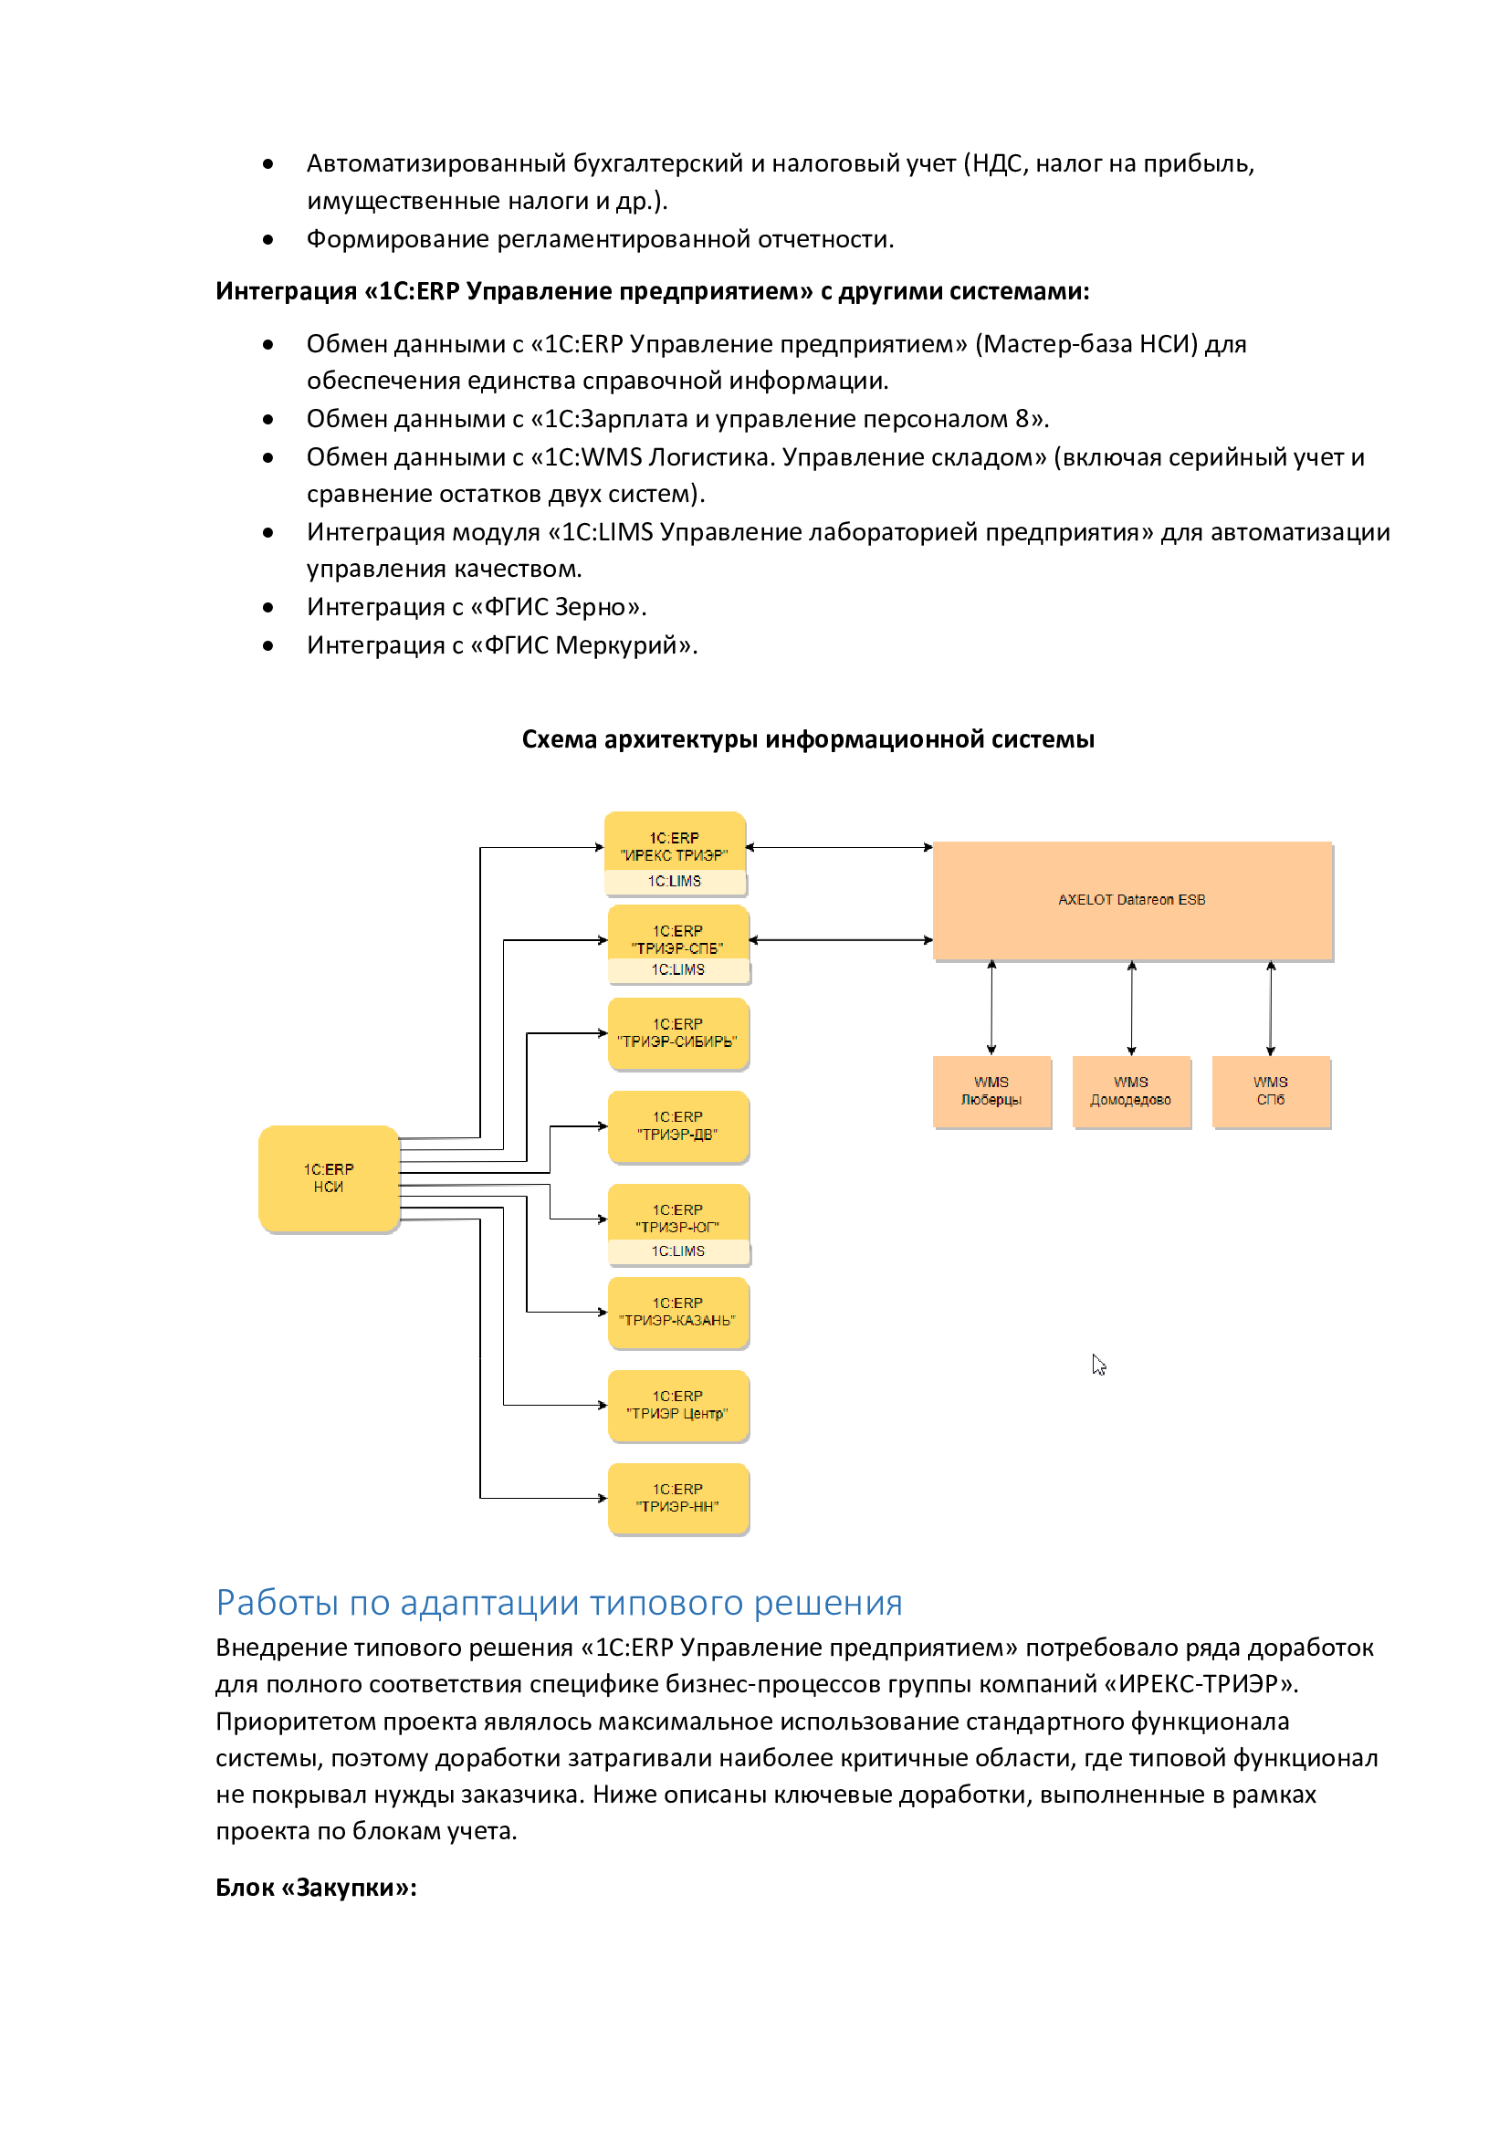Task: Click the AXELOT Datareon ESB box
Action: [x=1132, y=900]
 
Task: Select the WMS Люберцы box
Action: [x=992, y=1091]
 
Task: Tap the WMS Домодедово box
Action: [x=1131, y=1091]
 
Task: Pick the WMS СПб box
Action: [x=1271, y=1091]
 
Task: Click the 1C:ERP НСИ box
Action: [x=330, y=1178]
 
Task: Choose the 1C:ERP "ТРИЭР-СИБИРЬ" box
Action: [x=678, y=1033]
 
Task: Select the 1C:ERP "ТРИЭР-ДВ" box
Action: [x=678, y=1126]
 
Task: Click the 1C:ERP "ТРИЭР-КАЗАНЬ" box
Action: [x=678, y=1312]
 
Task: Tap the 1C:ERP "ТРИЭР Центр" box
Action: [x=678, y=1405]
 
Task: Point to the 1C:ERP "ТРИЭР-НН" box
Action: [x=678, y=1498]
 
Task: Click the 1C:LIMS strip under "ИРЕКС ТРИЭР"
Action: [x=676, y=882]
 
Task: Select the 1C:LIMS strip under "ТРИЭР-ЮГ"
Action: [x=678, y=1251]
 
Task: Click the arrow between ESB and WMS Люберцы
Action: [x=992, y=1007]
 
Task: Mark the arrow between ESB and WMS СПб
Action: [x=1271, y=1007]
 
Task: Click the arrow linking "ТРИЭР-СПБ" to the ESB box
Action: [x=841, y=940]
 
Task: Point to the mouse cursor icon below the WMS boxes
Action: [x=1099, y=1364]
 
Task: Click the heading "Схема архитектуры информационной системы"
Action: [x=808, y=739]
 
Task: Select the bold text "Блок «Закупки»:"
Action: [x=316, y=1887]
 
